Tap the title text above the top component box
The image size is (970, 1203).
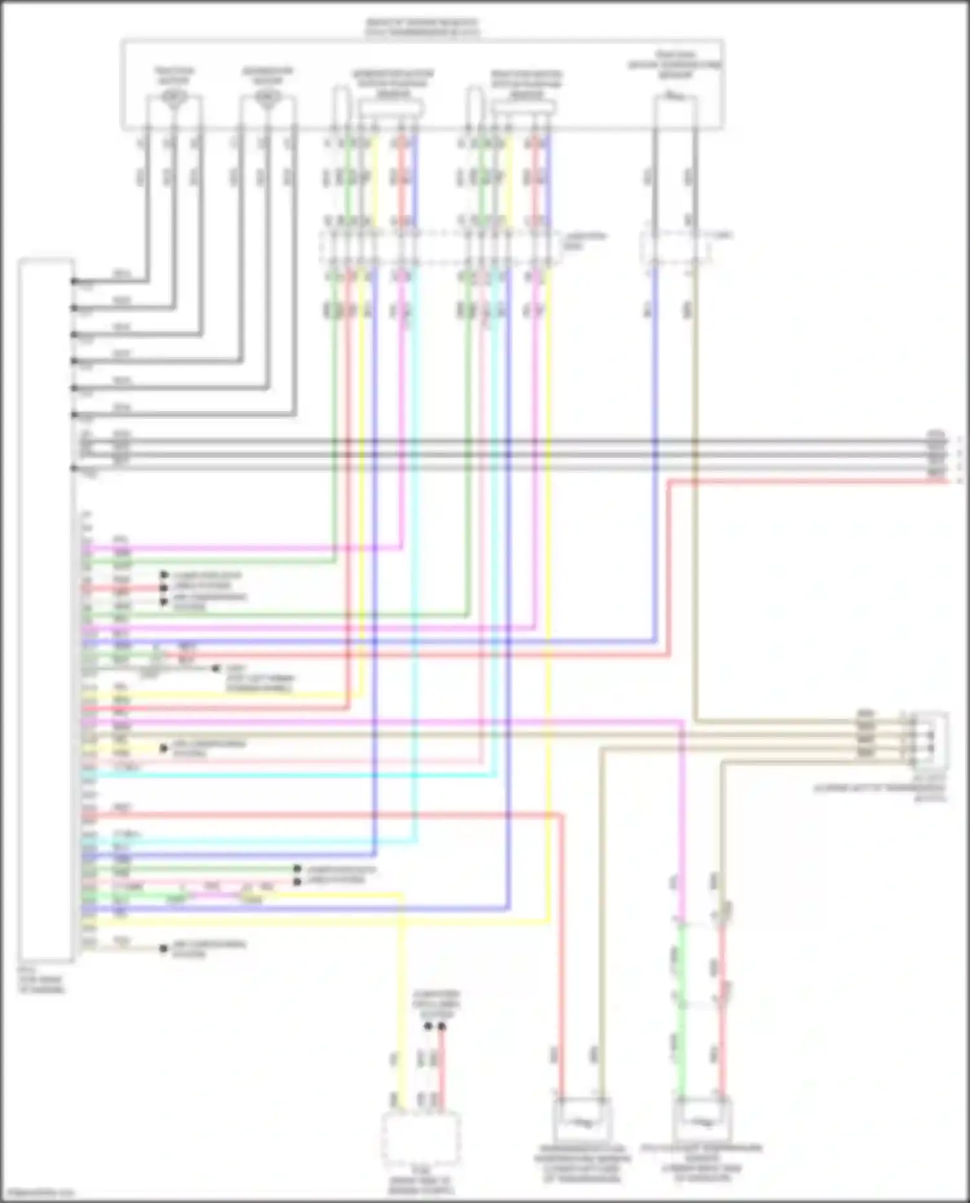422,27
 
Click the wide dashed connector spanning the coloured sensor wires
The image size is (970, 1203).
440,248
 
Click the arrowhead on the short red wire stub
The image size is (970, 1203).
164,588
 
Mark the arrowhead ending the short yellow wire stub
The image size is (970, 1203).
164,749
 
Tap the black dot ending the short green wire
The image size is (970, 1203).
297,869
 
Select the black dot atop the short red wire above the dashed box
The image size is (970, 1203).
442,1026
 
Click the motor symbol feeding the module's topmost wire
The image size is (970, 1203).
174,98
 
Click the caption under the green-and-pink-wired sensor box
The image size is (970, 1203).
702,1164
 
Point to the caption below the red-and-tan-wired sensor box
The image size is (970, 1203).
582,1164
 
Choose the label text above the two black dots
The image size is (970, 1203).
437,1004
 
